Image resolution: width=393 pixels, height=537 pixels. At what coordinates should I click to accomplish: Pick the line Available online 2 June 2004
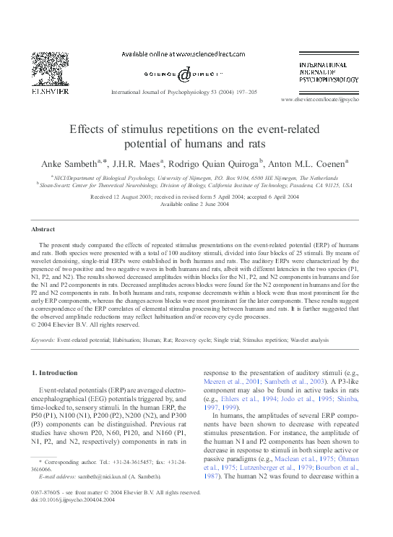click(196, 205)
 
